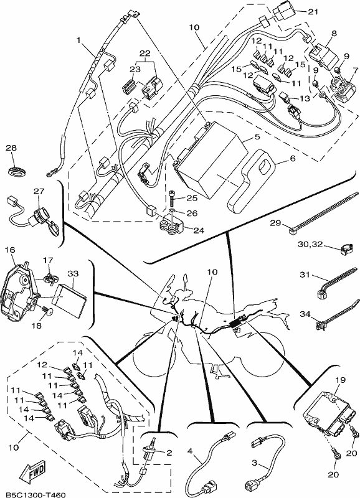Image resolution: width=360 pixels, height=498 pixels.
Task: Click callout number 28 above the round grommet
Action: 11,148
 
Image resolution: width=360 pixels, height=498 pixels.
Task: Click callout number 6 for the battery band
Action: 293,158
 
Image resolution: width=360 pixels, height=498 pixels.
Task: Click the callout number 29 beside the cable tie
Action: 275,223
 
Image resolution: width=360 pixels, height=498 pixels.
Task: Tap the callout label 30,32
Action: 310,244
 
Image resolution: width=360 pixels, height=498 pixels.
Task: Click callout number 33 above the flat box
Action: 73,273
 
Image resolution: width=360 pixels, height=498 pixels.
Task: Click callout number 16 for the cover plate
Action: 10,250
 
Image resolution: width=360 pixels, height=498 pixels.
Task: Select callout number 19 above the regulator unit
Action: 340,380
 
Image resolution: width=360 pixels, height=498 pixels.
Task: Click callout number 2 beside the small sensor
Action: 169,453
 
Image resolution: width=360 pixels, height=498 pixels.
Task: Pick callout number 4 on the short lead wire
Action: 190,451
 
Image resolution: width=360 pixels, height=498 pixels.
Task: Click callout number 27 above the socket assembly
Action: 39,191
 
